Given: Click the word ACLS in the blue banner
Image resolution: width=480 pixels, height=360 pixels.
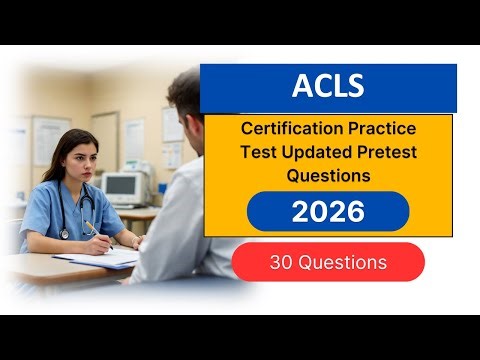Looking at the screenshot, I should point(328,88).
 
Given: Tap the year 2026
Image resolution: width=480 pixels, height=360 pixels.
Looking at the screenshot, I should point(328,212).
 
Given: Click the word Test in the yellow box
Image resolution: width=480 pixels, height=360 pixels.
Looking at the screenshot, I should point(256,153).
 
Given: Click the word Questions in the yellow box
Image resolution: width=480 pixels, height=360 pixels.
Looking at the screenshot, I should point(328,175).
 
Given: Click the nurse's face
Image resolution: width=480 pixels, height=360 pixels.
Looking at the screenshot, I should point(74,161).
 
